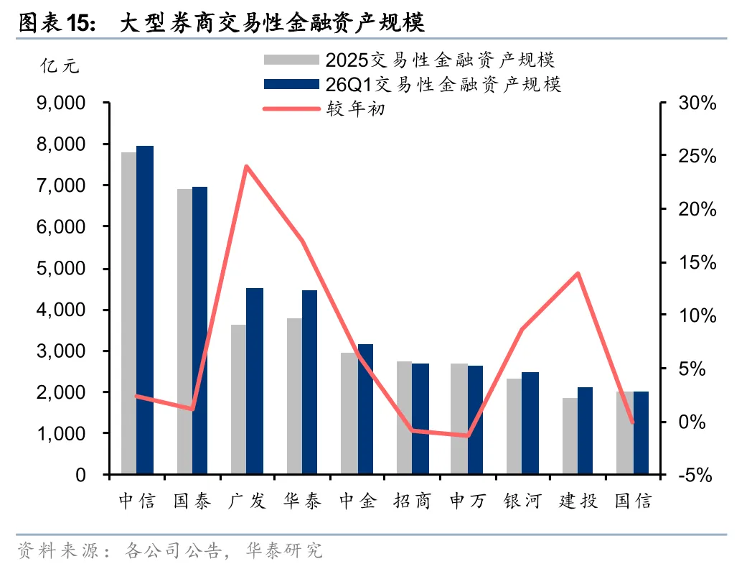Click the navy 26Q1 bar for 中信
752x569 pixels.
pyautogui.click(x=145, y=310)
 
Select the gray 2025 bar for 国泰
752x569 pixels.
pyautogui.click(x=184, y=332)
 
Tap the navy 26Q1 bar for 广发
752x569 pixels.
pyautogui.click(x=255, y=381)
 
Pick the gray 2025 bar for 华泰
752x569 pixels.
pyautogui.click(x=294, y=396)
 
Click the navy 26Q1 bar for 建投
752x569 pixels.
pyautogui.click(x=585, y=431)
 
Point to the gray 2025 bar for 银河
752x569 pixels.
pyautogui.click(x=514, y=426)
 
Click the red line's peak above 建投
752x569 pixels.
pyautogui.click(x=578, y=274)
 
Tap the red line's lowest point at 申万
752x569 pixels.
pyautogui.click(x=467, y=435)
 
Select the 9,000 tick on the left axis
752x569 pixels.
pyautogui.click(x=61, y=103)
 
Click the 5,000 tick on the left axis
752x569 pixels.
pyautogui.click(x=61, y=269)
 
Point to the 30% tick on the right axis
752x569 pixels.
pyautogui.click(x=697, y=103)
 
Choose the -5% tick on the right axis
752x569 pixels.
pyautogui.click(x=695, y=475)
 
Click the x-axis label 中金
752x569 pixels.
pyautogui.click(x=358, y=501)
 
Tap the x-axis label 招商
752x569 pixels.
pyautogui.click(x=413, y=501)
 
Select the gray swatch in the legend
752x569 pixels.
pyautogui.click(x=291, y=60)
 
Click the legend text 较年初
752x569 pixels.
pyautogui.click(x=356, y=108)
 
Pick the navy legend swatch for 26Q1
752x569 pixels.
pyautogui.click(x=291, y=84)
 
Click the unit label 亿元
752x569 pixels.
pyautogui.click(x=60, y=66)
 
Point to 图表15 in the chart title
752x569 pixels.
pyautogui.click(x=57, y=22)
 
